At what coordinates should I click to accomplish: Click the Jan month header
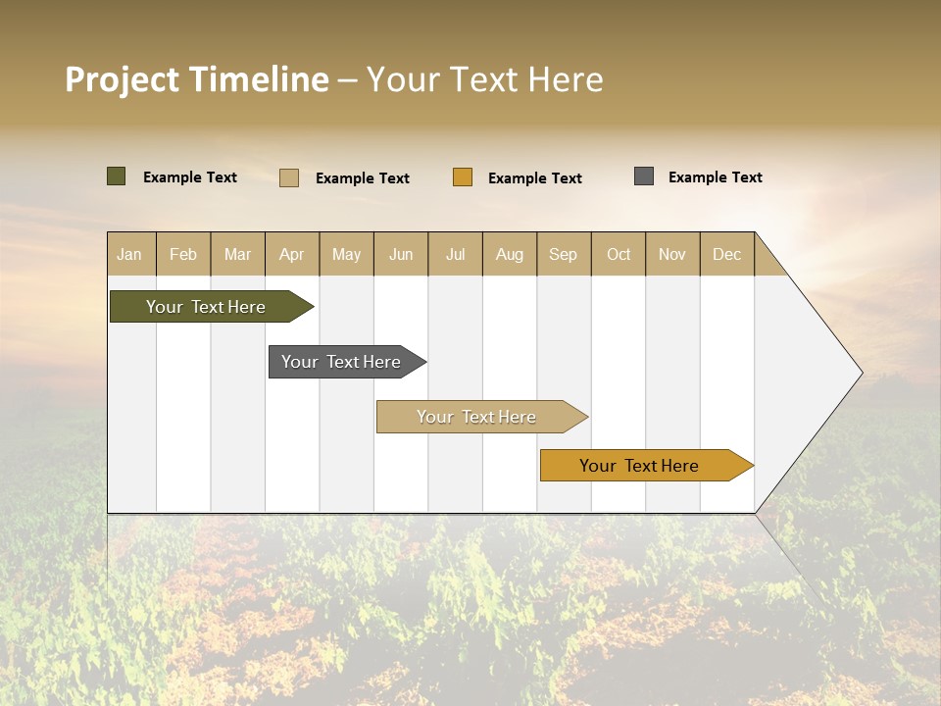point(130,254)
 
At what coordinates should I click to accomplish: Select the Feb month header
point(183,254)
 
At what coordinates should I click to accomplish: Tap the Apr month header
point(292,254)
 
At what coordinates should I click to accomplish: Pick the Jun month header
point(401,254)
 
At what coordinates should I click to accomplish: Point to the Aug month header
point(510,254)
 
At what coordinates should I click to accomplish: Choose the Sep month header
point(564,254)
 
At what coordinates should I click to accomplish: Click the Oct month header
point(619,254)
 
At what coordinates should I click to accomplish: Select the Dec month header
point(727,254)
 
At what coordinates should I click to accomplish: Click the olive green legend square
point(117,176)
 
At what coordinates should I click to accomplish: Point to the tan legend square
point(289,177)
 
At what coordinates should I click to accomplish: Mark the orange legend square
point(463,177)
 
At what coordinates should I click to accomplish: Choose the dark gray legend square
point(644,176)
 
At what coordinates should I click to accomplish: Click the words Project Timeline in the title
point(196,79)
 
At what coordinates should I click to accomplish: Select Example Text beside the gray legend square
point(715,177)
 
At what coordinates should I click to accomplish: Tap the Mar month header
point(237,254)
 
